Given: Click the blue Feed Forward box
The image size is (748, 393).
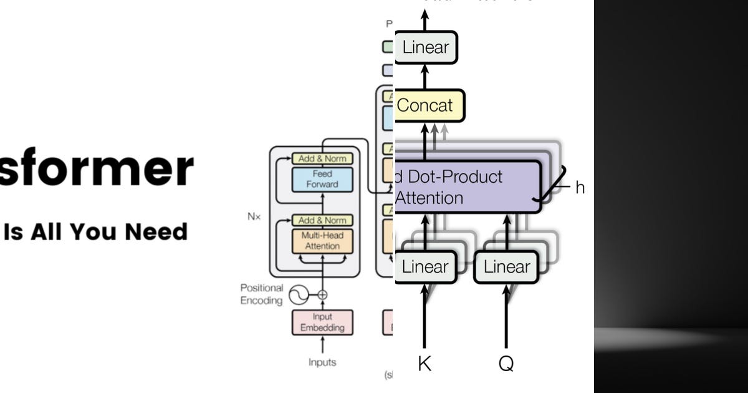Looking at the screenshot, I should tap(322, 179).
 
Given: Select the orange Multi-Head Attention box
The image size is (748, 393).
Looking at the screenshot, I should tap(322, 240).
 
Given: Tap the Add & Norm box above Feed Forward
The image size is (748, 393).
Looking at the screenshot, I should tap(322, 158).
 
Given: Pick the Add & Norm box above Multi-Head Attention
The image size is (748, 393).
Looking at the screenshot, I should tap(322, 220).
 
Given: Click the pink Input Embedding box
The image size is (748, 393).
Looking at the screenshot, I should tap(322, 323).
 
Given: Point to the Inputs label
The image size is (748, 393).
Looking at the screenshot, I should tap(322, 362).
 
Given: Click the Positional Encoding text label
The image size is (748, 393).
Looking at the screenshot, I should tap(262, 294).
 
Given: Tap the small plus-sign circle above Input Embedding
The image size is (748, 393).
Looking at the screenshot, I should tap(322, 294).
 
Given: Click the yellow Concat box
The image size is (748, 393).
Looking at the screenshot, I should tap(429, 105).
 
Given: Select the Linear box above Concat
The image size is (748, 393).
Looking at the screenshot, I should tap(426, 47).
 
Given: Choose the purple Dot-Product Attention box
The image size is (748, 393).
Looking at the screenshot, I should tap(467, 187).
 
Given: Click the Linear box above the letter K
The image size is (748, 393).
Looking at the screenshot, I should tap(425, 267).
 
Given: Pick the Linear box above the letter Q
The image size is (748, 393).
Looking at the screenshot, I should tap(506, 267).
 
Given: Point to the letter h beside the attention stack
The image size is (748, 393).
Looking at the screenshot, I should tap(580, 188).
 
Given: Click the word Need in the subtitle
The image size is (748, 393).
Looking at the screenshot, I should tap(156, 231).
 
